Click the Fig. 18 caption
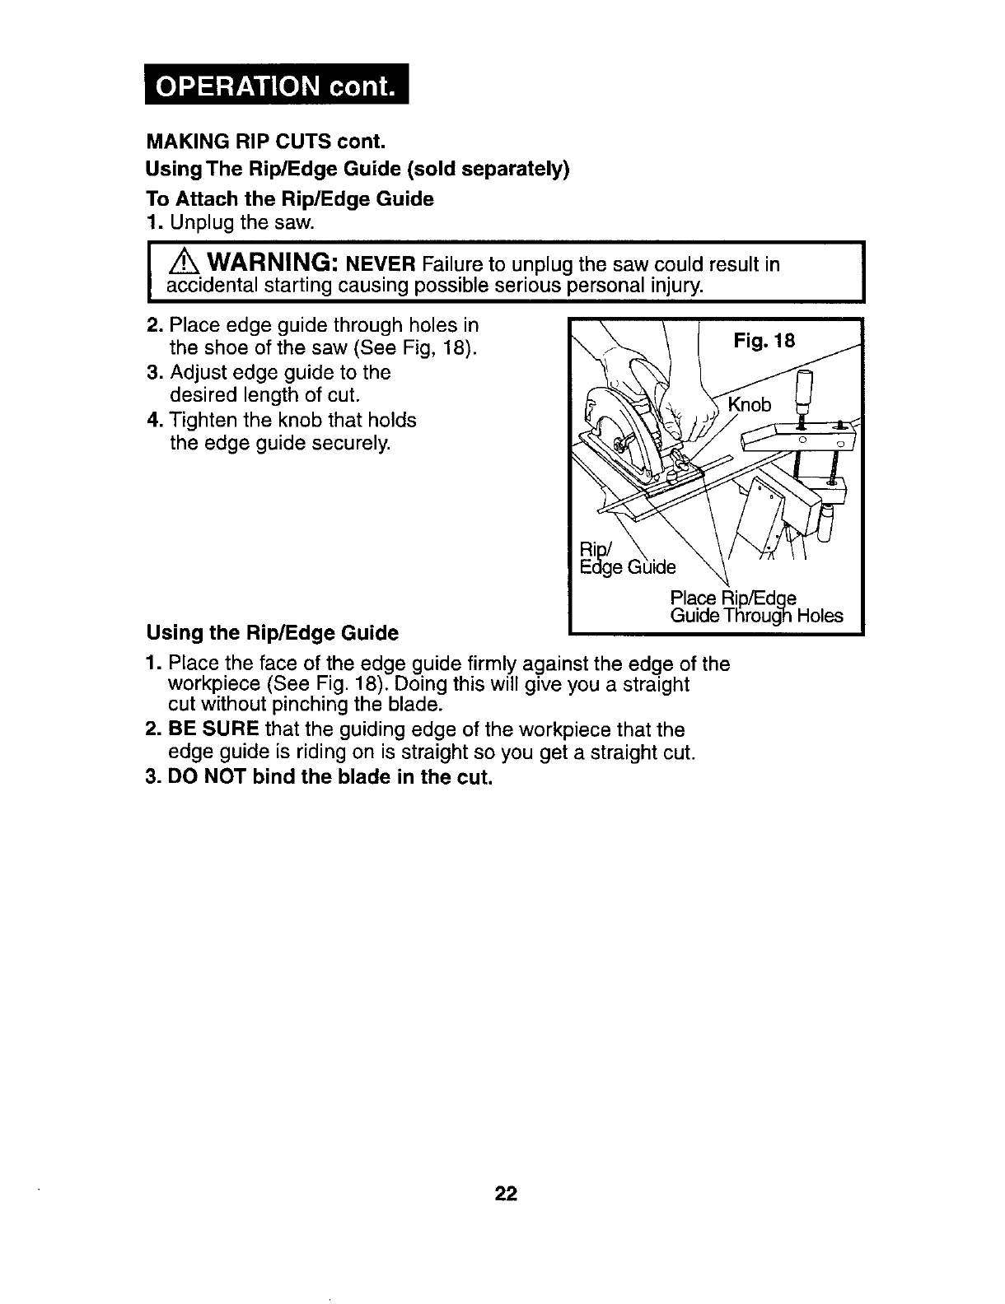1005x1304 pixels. [x=764, y=340]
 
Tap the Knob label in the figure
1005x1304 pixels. [x=750, y=405]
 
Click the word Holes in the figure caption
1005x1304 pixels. [x=820, y=615]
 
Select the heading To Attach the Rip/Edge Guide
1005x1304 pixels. [x=289, y=199]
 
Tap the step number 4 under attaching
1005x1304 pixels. [x=152, y=421]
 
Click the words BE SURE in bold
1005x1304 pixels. [x=214, y=729]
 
